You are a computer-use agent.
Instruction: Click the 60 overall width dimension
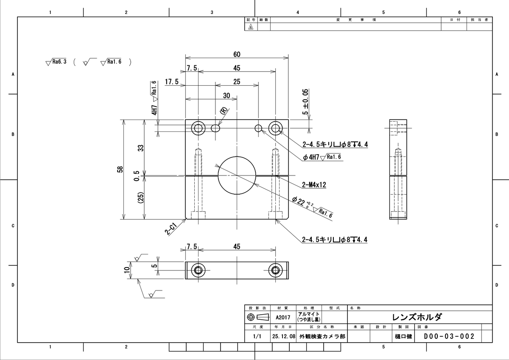[x=237, y=54]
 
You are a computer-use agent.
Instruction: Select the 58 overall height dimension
[x=120, y=169]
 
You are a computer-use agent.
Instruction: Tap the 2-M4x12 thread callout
[x=314, y=185]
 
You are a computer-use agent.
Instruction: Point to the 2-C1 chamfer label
[x=171, y=229]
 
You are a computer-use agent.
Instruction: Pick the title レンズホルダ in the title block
[x=417, y=317]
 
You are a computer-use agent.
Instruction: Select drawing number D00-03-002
[x=449, y=337]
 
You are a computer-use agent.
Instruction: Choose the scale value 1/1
[x=257, y=337]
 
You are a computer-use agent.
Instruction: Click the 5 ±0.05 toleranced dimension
[x=305, y=102]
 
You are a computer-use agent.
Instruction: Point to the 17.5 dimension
[x=171, y=82]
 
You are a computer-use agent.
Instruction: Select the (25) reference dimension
[x=141, y=198]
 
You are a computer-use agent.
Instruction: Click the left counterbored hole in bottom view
[x=198, y=270]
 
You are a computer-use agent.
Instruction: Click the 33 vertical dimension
[x=141, y=148]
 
